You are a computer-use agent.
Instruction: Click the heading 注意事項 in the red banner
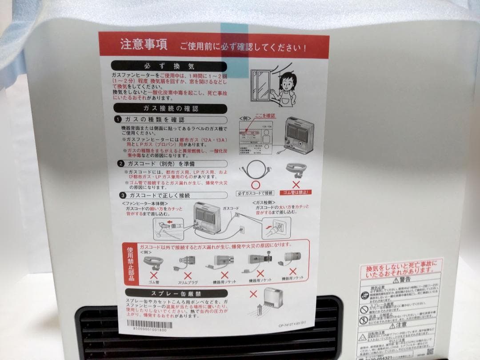pos(143,45)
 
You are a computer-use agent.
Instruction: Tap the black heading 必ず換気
pos(169,66)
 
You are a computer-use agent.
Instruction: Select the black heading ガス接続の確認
pos(170,108)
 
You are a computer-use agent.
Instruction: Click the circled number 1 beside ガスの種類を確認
pos(118,120)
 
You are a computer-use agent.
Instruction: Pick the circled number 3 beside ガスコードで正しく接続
pos(122,195)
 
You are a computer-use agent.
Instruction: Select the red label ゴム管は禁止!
pos(296,192)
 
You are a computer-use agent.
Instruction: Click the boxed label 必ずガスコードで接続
pos(255,193)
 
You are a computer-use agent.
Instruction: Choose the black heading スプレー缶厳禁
pos(170,293)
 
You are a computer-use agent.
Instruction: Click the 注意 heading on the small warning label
pos(402,325)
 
